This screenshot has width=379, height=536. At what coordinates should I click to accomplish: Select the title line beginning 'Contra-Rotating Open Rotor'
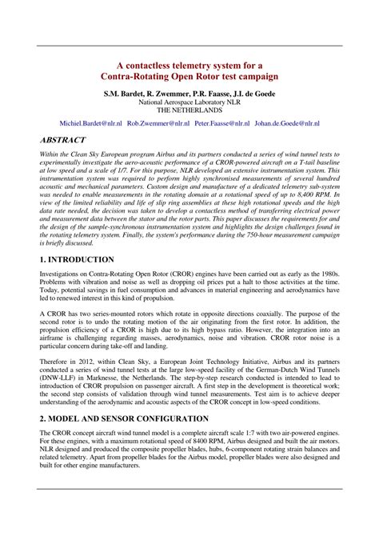click(x=189, y=77)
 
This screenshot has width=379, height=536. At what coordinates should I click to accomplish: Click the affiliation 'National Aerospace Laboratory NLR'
click(x=189, y=103)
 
